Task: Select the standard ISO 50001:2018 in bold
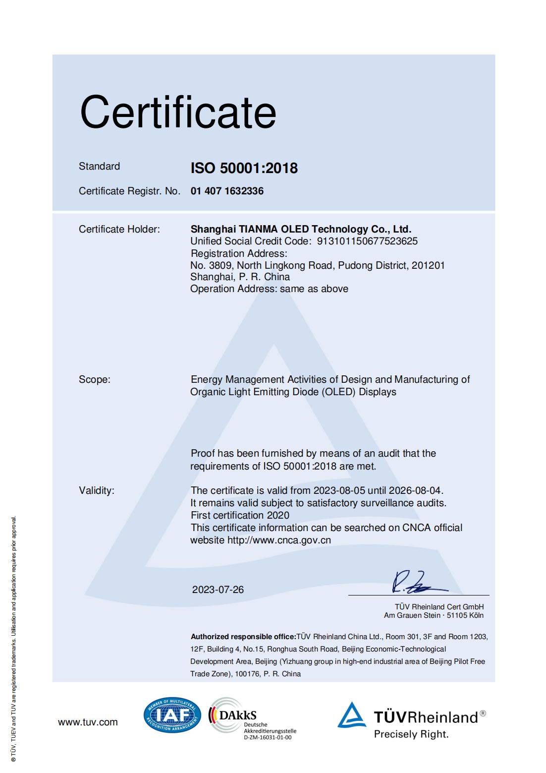[244, 168]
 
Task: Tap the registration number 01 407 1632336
[227, 191]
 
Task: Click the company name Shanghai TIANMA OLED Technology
[301, 229]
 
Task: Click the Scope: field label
[95, 380]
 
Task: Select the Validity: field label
[97, 491]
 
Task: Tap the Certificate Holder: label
[119, 229]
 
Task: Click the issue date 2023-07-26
[218, 590]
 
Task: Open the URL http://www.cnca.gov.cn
[279, 540]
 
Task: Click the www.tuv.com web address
[88, 722]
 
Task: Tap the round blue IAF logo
[172, 715]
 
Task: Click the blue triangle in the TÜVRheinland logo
[352, 715]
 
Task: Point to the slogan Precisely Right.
[411, 734]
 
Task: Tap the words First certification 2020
[240, 515]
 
